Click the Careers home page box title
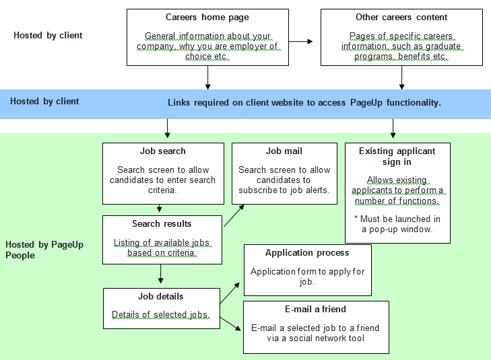[x=207, y=17]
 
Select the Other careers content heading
[x=401, y=17]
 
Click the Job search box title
[x=163, y=151]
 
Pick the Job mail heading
[x=284, y=151]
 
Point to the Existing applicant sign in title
[x=397, y=157]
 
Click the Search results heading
[x=162, y=223]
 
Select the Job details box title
[x=162, y=296]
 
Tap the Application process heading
[x=307, y=253]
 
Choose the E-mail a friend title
[x=315, y=310]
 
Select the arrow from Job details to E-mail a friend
[x=231, y=322]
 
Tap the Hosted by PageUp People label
[x=44, y=250]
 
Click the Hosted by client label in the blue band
[x=44, y=102]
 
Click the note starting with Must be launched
[x=397, y=224]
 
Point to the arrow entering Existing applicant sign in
[x=393, y=129]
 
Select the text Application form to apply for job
[x=307, y=277]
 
